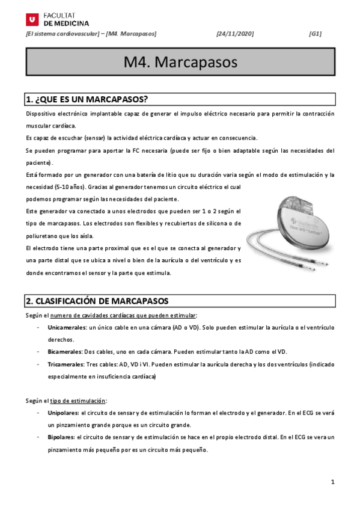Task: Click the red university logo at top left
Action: [32, 19]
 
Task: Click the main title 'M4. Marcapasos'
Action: [180, 62]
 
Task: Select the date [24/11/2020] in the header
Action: [234, 34]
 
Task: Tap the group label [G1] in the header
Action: [314, 34]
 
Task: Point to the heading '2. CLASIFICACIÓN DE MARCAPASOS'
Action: [97, 301]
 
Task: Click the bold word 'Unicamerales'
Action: [67, 327]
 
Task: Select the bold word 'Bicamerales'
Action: [66, 351]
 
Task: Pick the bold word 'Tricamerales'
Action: [66, 364]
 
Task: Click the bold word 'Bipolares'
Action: [61, 438]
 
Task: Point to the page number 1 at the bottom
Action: [332, 482]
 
